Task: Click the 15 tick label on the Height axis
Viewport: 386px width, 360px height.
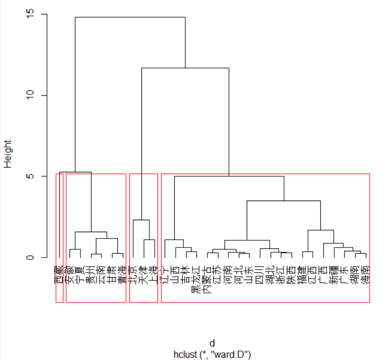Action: tap(30, 14)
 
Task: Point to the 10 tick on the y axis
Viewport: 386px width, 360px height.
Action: tap(30, 95)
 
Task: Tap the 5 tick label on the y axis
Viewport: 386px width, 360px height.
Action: tap(30, 176)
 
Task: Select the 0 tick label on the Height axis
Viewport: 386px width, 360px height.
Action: tap(30, 257)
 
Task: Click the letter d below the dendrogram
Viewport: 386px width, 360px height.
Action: tap(212, 343)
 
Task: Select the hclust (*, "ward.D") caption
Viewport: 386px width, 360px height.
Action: tap(212, 354)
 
